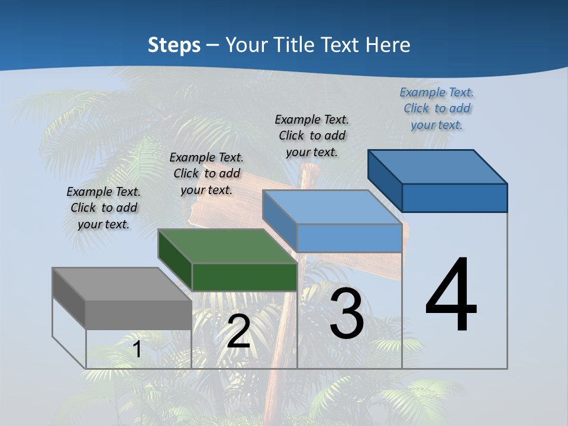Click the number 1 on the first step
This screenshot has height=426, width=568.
coord(137,350)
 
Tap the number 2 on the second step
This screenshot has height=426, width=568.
coord(238,332)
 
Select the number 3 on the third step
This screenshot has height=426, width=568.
coord(347,314)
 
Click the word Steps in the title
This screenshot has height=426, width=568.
coord(174,44)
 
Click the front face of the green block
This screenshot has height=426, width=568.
coord(244,277)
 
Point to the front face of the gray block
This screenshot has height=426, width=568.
coord(138,315)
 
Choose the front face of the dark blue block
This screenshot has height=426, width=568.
coord(454,198)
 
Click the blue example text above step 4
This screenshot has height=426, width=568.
coord(437,108)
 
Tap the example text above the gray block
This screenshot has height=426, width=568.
coord(104,208)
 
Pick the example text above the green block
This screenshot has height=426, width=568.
coord(206,173)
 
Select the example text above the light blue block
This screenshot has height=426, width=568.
coord(312,135)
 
